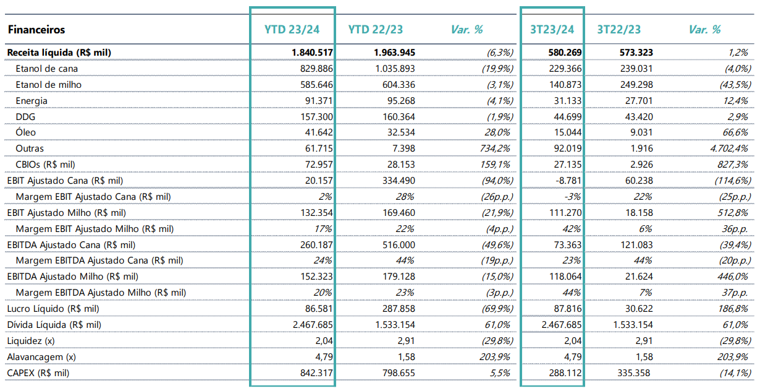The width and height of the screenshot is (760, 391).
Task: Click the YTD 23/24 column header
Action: click(292, 30)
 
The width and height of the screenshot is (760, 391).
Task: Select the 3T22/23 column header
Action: click(619, 30)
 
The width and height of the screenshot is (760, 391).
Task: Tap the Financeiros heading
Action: click(36, 30)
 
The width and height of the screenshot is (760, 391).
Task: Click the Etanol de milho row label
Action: click(49, 85)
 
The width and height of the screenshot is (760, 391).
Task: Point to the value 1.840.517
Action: click(312, 53)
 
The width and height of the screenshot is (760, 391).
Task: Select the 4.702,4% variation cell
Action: click(728, 148)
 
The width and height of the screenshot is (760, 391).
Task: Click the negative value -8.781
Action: click(568, 181)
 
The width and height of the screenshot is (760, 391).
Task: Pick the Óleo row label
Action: click(25, 132)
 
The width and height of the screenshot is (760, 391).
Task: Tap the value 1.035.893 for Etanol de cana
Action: click(395, 69)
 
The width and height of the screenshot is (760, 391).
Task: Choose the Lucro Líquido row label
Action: click(53, 309)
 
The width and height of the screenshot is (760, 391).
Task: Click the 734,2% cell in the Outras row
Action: click(495, 148)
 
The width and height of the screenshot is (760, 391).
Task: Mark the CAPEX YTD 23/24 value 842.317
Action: click(316, 373)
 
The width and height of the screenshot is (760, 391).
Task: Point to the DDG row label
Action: click(25, 117)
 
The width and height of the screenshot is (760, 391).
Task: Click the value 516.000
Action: click(399, 245)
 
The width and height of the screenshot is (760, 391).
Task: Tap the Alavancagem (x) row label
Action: click(41, 357)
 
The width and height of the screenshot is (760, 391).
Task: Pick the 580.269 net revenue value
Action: click(565, 53)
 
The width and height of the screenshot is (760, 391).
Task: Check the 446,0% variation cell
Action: click(733, 277)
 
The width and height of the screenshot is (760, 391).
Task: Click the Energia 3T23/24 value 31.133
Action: click(568, 101)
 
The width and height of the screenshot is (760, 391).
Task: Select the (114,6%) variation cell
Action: click(733, 181)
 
